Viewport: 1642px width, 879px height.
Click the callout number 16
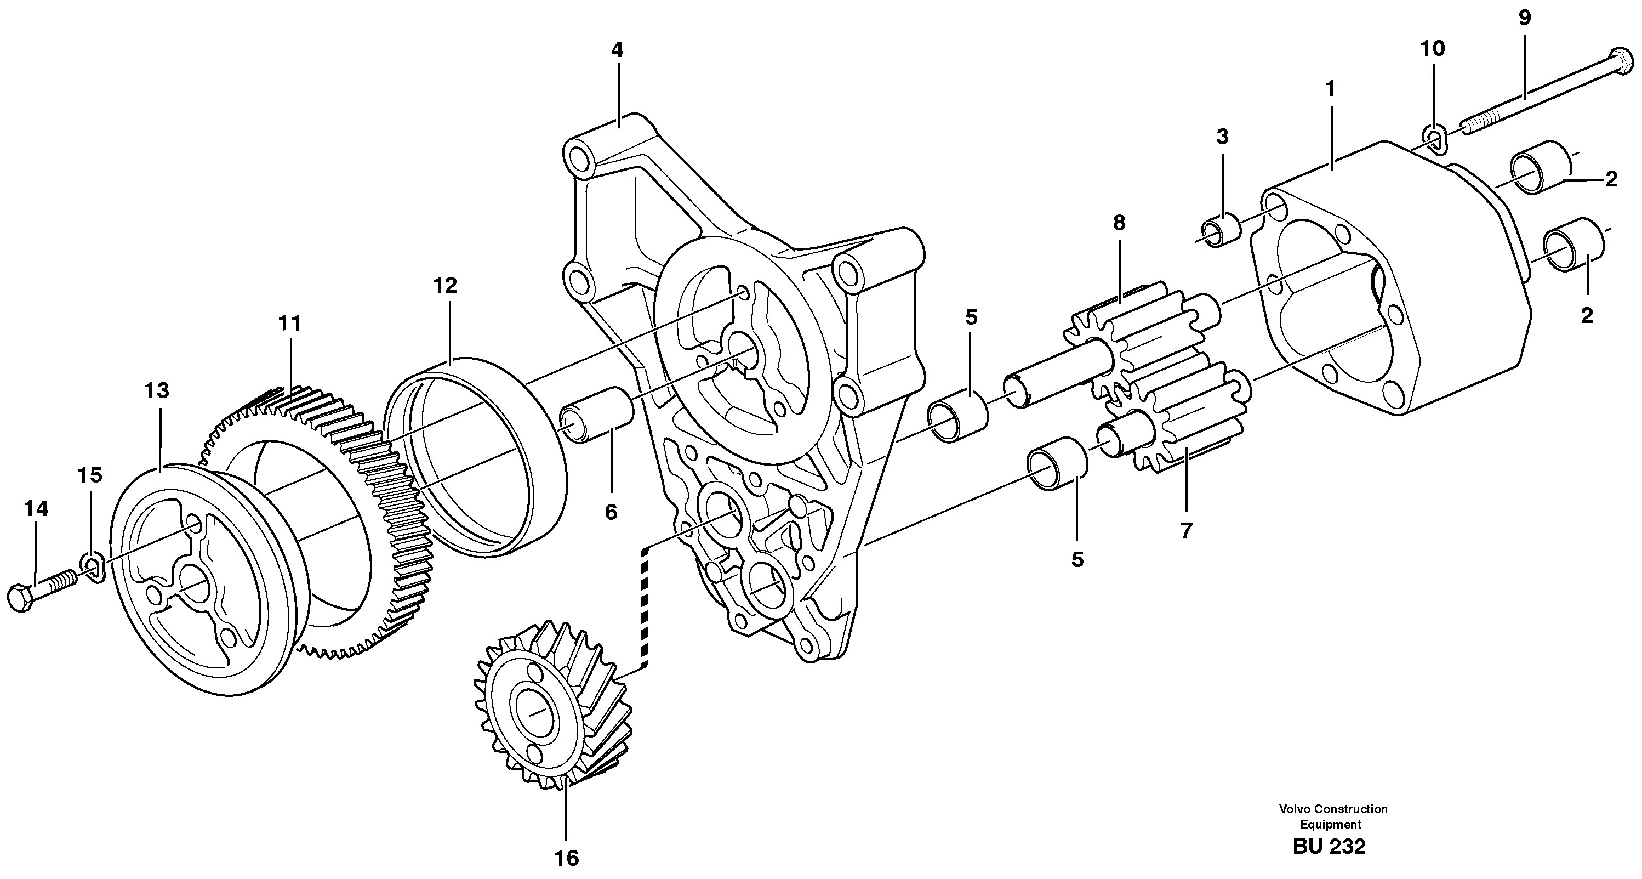(566, 858)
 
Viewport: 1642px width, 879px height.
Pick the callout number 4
(617, 50)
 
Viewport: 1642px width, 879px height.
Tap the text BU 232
(1329, 847)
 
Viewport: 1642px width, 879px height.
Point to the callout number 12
(445, 286)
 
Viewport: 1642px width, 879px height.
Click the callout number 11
(289, 324)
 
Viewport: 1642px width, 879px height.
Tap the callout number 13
(157, 390)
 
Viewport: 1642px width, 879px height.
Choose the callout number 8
(1119, 223)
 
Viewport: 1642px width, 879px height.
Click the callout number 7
(1185, 530)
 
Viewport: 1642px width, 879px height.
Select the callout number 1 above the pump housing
(1330, 89)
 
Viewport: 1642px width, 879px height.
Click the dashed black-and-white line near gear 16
(645, 606)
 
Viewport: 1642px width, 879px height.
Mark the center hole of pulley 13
(191, 578)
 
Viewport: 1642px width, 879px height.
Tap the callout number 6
(611, 512)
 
